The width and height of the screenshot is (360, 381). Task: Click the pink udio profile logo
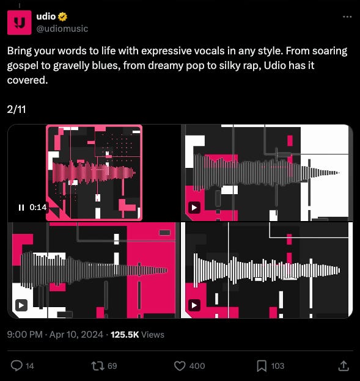[20, 23]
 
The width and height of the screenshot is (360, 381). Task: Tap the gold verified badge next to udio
[62, 16]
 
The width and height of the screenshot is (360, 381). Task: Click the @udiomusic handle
[62, 29]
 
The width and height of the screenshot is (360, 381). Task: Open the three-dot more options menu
[347, 16]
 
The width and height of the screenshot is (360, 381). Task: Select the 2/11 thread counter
[17, 109]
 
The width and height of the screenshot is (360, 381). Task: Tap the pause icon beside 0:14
[21, 207]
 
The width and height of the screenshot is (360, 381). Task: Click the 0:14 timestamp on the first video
[38, 207]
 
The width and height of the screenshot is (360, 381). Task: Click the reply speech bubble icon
[17, 366]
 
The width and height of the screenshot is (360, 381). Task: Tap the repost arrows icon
[98, 366]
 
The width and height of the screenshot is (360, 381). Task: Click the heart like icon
[180, 366]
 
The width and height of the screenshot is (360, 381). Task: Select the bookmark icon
[262, 366]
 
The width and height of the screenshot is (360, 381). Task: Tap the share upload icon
[343, 366]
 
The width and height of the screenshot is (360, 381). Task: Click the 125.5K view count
[125, 335]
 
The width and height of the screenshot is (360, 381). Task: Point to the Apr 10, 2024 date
[76, 335]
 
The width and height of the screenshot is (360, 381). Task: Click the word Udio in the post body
[275, 65]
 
